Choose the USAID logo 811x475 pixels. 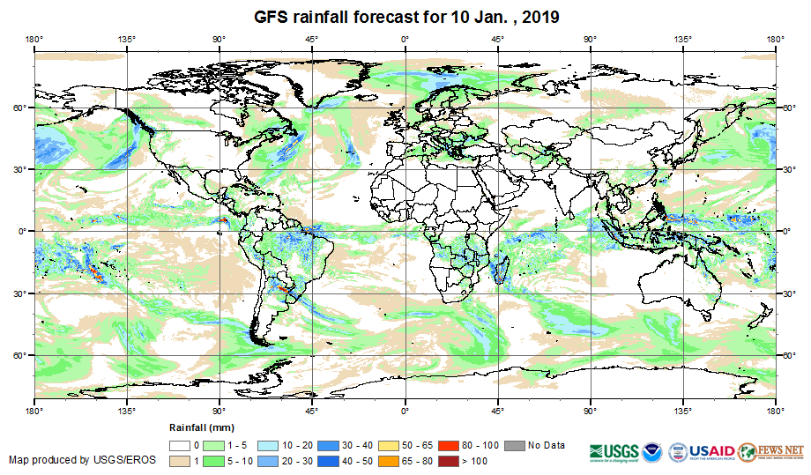click(x=702, y=450)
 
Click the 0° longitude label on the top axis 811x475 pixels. click(x=405, y=39)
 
